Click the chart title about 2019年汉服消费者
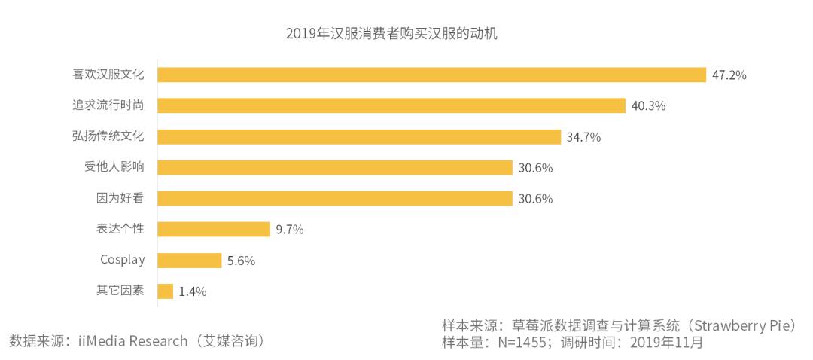392,34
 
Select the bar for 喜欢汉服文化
431,75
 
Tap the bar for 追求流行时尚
391,105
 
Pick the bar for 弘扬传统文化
359,136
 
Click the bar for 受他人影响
335,167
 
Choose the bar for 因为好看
335,198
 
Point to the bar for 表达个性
214,229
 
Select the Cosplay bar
190,260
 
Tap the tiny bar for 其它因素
166,291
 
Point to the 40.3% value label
648,106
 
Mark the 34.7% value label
583,137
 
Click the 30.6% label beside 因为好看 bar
534,199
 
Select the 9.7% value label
290,230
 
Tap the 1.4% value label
193,291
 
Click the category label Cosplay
122,260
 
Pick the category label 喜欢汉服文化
108,75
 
